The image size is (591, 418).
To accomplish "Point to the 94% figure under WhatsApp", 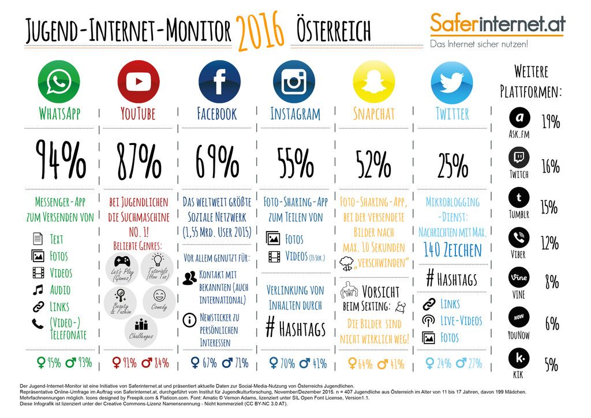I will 61,159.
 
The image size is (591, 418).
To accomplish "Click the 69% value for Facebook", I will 216,159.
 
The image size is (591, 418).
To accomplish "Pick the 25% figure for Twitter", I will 452,164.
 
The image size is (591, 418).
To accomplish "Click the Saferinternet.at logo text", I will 498,23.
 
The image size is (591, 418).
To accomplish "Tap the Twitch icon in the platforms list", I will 519,158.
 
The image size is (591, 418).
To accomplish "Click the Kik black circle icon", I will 519,358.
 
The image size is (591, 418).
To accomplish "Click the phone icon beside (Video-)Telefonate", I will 38,323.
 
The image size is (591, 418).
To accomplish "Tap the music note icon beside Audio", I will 38,289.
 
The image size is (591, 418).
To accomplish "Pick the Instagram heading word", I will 295,114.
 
